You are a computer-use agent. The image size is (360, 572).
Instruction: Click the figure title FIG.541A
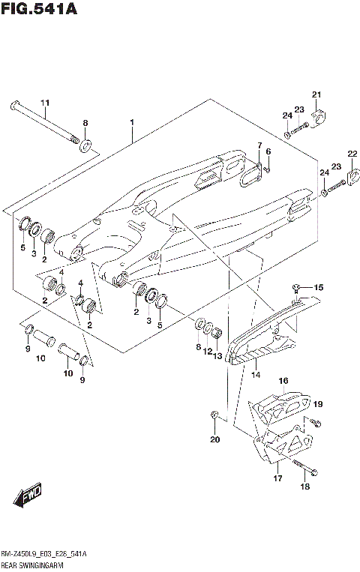39,9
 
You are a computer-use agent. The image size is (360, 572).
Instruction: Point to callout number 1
131,121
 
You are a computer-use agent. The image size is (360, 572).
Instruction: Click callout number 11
44,102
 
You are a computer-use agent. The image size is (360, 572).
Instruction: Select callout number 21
316,94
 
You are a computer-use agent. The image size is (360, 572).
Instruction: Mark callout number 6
268,152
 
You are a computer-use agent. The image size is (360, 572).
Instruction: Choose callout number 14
255,374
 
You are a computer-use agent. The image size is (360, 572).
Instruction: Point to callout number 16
283,382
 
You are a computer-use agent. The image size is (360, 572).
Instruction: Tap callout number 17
277,478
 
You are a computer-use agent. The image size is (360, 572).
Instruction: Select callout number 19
317,405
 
